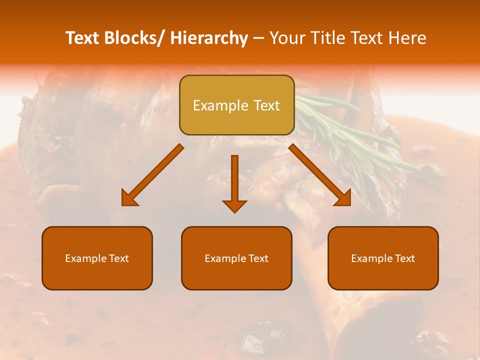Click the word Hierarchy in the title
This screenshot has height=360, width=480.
209,38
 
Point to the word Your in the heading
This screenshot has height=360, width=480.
286,38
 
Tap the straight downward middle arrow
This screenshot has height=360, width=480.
234,183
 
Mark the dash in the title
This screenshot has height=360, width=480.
258,38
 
